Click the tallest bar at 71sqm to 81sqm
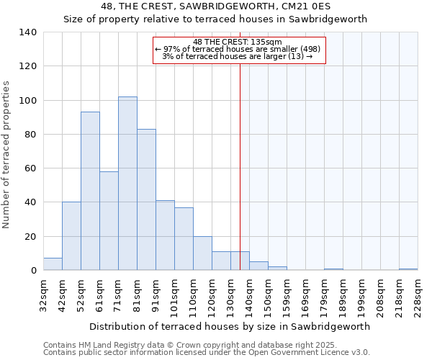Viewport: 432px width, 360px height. coord(127,184)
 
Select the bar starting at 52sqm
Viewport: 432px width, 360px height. coord(90,191)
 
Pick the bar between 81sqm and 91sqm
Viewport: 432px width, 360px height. coord(146,199)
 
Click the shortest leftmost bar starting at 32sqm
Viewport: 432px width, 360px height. coord(53,264)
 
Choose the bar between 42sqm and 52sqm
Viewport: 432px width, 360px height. coord(71,236)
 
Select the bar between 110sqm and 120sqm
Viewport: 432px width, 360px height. coord(202,253)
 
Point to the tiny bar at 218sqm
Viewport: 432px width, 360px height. coord(408,269)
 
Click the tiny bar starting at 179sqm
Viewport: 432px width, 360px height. coord(333,269)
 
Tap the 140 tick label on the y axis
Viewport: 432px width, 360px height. coord(28,32)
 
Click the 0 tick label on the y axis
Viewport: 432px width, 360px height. coord(34,271)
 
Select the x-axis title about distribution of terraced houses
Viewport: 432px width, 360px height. coord(230,326)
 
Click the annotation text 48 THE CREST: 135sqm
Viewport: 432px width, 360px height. coord(238,42)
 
